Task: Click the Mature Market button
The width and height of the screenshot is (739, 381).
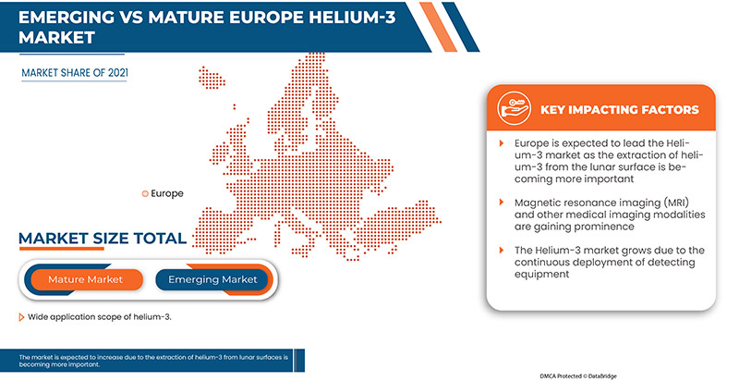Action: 84,279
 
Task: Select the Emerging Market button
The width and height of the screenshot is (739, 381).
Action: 212,279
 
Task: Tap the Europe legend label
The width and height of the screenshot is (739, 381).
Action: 166,193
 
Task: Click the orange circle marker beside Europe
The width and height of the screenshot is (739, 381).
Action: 144,193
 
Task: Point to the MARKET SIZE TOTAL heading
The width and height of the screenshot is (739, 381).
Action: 103,240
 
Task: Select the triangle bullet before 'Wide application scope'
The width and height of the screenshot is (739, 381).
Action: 21,317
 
